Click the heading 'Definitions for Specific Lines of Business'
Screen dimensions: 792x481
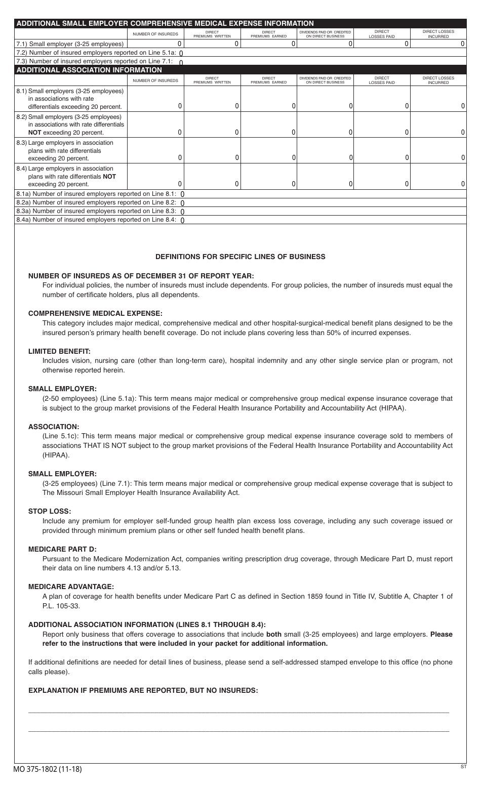pyautogui.click(x=240, y=257)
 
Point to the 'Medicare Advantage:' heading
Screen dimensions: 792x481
pyautogui.click(x=71, y=587)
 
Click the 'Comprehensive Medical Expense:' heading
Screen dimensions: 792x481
pyautogui.click(x=95, y=313)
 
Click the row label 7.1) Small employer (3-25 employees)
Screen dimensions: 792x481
pyautogui.click(x=70, y=44)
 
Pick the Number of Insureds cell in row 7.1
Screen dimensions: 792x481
pyautogui.click(x=155, y=44)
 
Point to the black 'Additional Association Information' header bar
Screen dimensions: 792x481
pyautogui.click(x=89, y=70)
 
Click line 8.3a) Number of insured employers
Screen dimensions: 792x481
pyautogui.click(x=96, y=211)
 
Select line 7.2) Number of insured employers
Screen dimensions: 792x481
pyautogui.click(x=96, y=53)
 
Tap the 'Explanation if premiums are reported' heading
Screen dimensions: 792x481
pyautogui.click(x=143, y=690)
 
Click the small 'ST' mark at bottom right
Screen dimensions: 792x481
pyautogui.click(x=463, y=767)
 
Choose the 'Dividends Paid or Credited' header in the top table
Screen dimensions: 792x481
pyautogui.click(x=325, y=34)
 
